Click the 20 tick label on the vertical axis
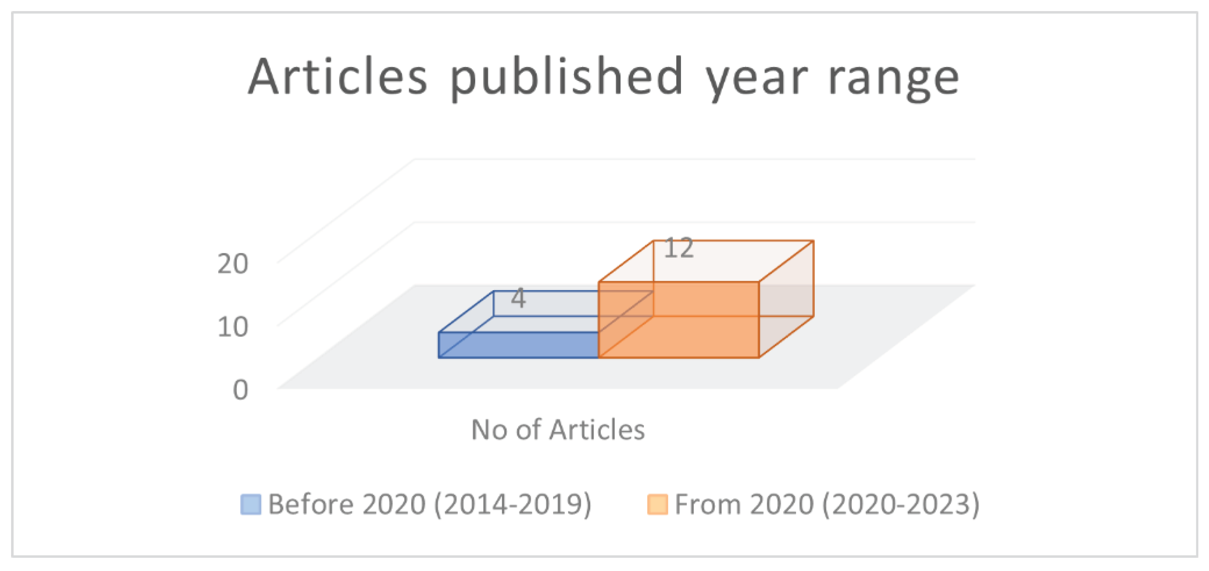(233, 264)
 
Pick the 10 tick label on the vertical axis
(233, 327)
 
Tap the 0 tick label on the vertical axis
(240, 390)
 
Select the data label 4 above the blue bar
(518, 298)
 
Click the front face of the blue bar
(518, 345)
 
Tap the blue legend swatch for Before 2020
(251, 505)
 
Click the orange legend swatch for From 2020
(657, 505)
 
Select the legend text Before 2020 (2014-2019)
(430, 505)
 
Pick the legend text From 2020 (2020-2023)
(827, 505)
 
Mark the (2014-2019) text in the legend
(513, 505)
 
